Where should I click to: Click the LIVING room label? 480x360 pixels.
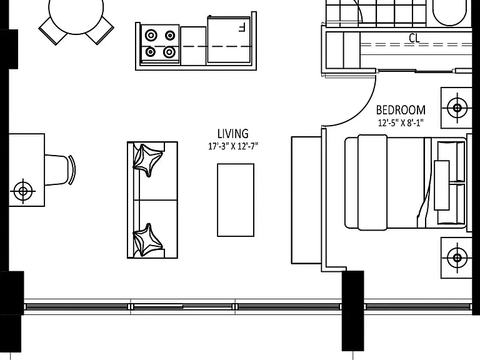[233, 134]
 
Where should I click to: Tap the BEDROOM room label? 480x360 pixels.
[401, 110]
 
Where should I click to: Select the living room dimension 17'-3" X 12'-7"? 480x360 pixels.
[233, 146]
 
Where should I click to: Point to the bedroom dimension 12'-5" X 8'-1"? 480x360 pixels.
[401, 122]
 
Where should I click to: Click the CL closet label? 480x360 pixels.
[414, 38]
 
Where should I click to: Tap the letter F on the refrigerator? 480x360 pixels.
[242, 27]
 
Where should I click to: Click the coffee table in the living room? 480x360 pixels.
[236, 200]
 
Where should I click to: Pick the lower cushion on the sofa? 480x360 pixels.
[147, 240]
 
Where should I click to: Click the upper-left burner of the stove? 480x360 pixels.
[151, 36]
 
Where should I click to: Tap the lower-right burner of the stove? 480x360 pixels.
[169, 52]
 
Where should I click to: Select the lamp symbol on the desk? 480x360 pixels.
[23, 191]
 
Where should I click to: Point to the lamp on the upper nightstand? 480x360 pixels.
[457, 107]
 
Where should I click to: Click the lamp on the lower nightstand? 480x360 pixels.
[457, 257]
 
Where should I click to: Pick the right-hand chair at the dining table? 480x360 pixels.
[100, 30]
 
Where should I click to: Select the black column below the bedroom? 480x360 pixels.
[353, 311]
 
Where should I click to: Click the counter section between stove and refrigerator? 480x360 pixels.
[194, 46]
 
